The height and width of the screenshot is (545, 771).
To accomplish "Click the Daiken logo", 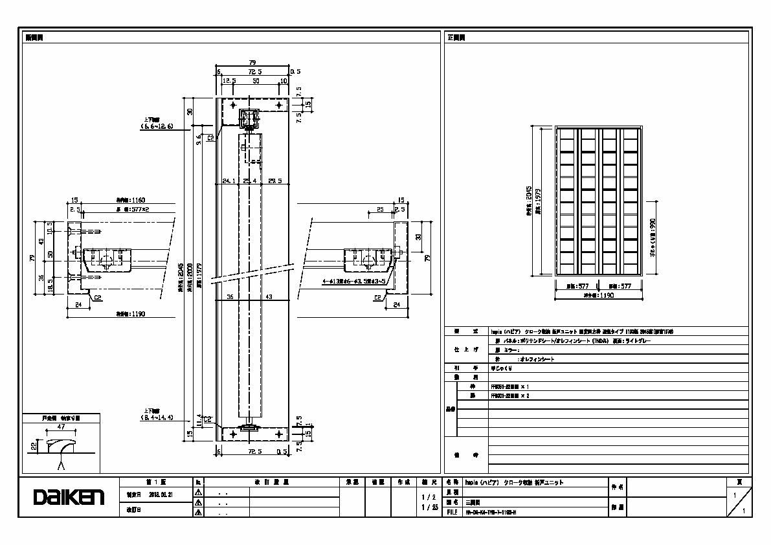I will [x=69, y=497].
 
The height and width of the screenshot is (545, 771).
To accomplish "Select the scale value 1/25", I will [x=429, y=507].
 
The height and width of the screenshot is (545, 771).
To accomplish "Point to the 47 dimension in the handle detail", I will [x=60, y=428].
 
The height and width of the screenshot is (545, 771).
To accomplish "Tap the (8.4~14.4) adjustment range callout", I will [x=156, y=418].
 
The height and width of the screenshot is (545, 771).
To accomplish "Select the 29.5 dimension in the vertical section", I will [x=274, y=181].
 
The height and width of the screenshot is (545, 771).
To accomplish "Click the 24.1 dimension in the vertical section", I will [x=229, y=181].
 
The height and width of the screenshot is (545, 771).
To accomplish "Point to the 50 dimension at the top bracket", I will [x=256, y=82].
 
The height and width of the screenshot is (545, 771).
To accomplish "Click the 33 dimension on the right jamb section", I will [x=418, y=236].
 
